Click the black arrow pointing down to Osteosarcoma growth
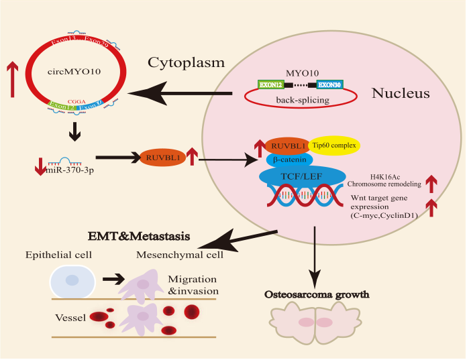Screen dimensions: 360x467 315,255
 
